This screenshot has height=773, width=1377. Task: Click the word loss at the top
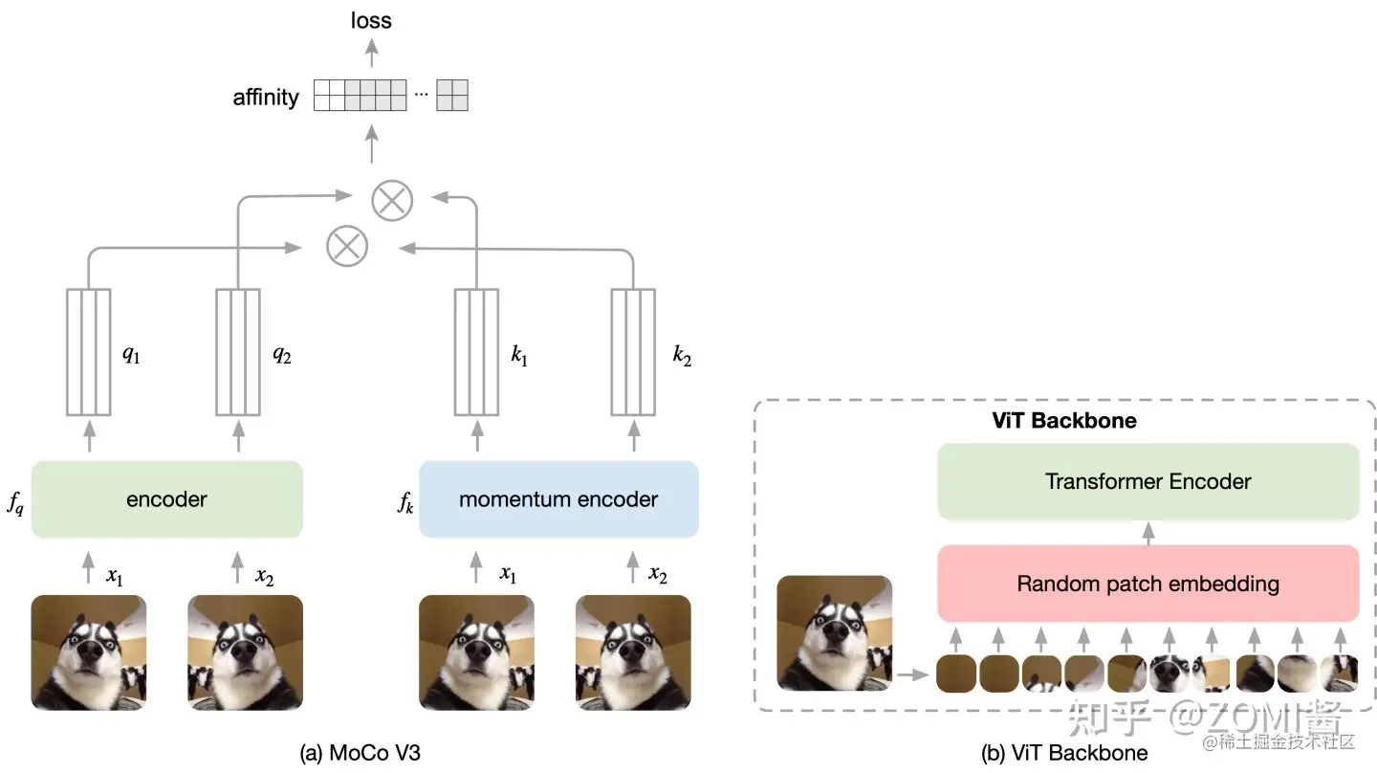pyautogui.click(x=371, y=20)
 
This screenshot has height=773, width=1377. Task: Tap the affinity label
pyautogui.click(x=266, y=98)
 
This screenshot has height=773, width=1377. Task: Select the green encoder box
pyautogui.click(x=167, y=499)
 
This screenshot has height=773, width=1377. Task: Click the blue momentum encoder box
pyautogui.click(x=558, y=499)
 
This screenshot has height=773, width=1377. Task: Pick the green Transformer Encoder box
pyautogui.click(x=1147, y=481)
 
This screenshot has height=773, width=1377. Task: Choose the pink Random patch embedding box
pyautogui.click(x=1147, y=584)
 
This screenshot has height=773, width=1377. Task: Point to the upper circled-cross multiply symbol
pyautogui.click(x=392, y=200)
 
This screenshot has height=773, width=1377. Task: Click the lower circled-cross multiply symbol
pyautogui.click(x=347, y=247)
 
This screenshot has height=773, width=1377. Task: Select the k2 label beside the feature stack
pyautogui.click(x=681, y=356)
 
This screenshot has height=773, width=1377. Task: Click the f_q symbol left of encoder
pyautogui.click(x=15, y=503)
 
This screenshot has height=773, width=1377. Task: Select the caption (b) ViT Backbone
pyautogui.click(x=1064, y=753)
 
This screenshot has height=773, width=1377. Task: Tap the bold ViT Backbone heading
pyautogui.click(x=1063, y=421)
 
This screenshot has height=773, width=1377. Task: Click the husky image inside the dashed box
pyautogui.click(x=835, y=632)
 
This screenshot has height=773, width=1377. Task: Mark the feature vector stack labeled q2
pyautogui.click(x=238, y=351)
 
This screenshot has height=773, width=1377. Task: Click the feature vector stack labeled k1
pyautogui.click(x=476, y=351)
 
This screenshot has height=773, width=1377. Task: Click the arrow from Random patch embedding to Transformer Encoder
pyautogui.click(x=1148, y=532)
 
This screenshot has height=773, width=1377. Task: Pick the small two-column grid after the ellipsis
pyautogui.click(x=452, y=97)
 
